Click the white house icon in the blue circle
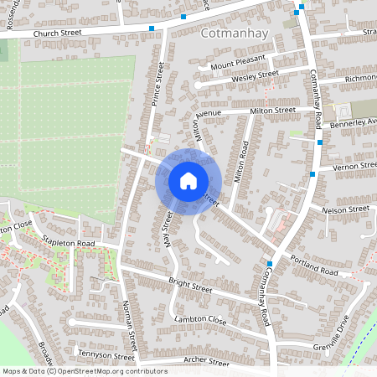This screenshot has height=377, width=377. (188, 181)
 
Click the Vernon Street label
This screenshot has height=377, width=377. (355, 167)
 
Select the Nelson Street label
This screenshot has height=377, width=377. (345, 209)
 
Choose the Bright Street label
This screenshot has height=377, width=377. (192, 284)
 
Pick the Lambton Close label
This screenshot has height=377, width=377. (201, 320)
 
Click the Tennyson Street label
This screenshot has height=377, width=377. (100, 342)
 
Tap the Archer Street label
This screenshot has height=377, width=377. (205, 363)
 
